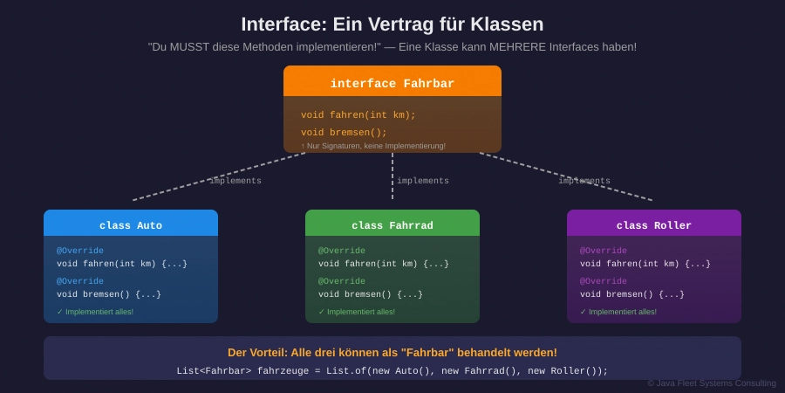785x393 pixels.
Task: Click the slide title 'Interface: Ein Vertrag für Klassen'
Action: [x=392, y=24]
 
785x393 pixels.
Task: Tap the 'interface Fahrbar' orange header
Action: [x=392, y=84]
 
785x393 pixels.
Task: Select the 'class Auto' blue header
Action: [x=131, y=225]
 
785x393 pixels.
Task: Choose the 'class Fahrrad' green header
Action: [x=392, y=225]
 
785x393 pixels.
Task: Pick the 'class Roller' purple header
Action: [x=654, y=225]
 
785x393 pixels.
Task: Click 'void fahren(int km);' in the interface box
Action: [x=358, y=115]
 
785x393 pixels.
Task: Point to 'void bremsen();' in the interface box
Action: [x=344, y=133]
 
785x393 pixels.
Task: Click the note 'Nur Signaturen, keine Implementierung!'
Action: [x=375, y=146]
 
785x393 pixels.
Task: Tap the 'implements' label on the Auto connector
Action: [x=235, y=181]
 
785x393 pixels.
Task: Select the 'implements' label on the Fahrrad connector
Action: [x=423, y=181]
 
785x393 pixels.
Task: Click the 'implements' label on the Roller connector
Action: [x=584, y=181]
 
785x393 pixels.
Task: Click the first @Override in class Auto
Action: [x=80, y=251]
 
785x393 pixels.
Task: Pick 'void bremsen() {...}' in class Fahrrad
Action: [x=371, y=294]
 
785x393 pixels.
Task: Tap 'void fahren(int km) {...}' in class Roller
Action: [x=645, y=264]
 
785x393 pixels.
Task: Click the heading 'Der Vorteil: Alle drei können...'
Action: [x=392, y=352]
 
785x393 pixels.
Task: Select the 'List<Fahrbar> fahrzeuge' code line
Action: [x=392, y=371]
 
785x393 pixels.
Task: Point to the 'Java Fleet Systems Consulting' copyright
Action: [x=712, y=383]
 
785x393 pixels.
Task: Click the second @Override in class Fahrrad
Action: [x=342, y=281]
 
